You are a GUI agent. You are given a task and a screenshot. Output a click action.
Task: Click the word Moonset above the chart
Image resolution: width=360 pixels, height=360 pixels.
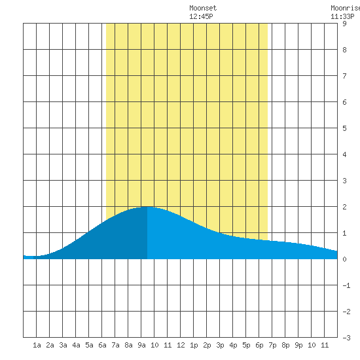coord(203,8)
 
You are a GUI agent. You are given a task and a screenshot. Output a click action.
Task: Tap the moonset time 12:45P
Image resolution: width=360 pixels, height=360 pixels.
coord(201,16)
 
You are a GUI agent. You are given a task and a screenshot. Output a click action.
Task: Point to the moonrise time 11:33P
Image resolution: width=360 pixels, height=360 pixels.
coord(342,16)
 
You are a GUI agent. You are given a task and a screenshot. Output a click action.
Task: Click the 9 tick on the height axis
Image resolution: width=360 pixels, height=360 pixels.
coord(344,24)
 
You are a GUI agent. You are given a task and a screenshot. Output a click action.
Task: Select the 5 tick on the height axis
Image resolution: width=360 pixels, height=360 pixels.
coord(344,128)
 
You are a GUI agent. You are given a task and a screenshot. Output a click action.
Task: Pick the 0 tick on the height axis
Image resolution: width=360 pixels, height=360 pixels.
coord(344,259)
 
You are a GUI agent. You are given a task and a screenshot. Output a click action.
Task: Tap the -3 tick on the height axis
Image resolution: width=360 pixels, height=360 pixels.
coord(346,338)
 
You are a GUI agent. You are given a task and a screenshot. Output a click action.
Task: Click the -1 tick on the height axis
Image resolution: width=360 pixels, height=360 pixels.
coord(346,285)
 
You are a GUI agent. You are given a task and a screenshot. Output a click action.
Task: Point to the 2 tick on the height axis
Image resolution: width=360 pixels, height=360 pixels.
coord(344,207)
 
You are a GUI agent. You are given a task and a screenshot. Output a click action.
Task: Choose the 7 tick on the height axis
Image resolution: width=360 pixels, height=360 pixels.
coord(344,76)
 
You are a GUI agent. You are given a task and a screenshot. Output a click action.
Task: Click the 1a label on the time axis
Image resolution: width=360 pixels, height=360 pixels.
coord(37,345)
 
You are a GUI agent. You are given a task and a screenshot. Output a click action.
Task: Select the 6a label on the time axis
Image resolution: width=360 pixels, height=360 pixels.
coord(102,345)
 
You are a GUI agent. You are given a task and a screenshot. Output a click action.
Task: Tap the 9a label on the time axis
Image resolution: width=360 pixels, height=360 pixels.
coord(141,345)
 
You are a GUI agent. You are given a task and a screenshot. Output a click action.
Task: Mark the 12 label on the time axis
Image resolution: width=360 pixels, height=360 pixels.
coord(181,345)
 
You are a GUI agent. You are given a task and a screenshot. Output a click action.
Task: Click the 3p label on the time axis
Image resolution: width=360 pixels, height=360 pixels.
coord(220,345)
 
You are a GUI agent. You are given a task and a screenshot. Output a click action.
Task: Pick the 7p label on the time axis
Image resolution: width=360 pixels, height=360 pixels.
coord(272,345)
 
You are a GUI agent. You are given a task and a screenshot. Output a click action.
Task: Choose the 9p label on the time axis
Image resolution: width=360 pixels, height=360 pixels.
coord(298,345)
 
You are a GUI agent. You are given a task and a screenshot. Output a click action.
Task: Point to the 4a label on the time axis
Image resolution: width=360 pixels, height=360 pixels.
coord(76,345)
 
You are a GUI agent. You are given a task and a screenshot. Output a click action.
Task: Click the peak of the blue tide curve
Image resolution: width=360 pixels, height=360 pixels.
coord(147,207)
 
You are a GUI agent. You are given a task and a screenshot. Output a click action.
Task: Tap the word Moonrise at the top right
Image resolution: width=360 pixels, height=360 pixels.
coord(346,8)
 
